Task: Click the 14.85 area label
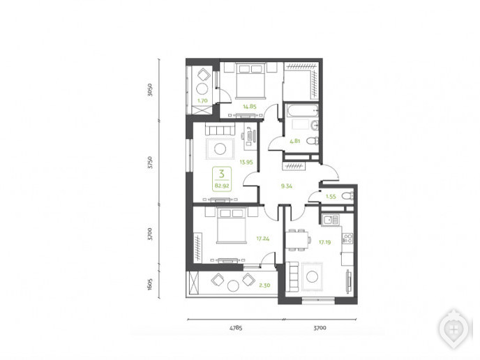pos(250,107)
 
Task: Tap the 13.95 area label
pos(246,163)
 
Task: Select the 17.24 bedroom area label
pos(262,239)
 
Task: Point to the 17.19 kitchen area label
pos(324,242)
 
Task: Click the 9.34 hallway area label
pos(287,186)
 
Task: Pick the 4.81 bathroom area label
pos(295,141)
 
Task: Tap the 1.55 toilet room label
pos(331,197)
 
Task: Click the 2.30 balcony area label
pos(264,285)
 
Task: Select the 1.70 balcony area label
pos(202,100)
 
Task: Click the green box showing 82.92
pos(222,179)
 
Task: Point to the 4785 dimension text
pos(236,328)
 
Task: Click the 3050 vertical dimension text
pos(150,90)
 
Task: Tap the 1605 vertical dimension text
pos(150,284)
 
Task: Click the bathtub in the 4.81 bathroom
pos(302,110)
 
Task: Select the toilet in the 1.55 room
pos(347,195)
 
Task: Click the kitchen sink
pos(330,220)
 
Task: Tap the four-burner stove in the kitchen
pos(347,239)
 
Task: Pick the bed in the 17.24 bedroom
pos(232,225)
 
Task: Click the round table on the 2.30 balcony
pos(233,286)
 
